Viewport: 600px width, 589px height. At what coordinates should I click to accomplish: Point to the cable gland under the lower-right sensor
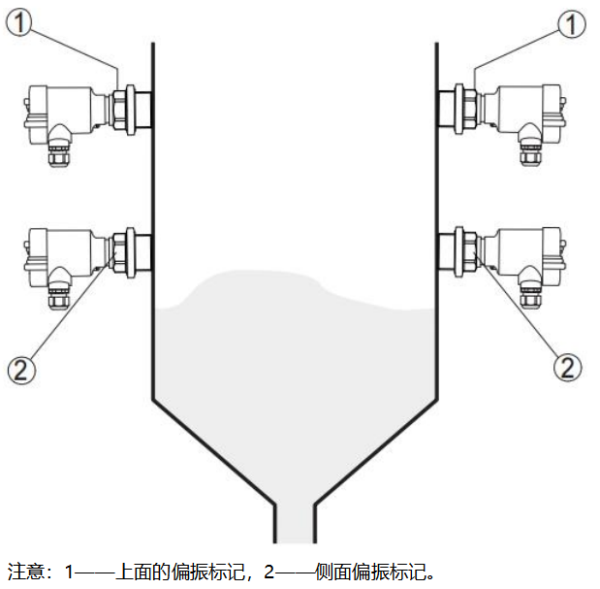coord(529,291)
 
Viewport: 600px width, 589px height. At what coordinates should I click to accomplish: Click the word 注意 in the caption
coord(24,571)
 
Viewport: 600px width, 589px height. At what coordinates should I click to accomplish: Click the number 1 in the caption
coord(70,571)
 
